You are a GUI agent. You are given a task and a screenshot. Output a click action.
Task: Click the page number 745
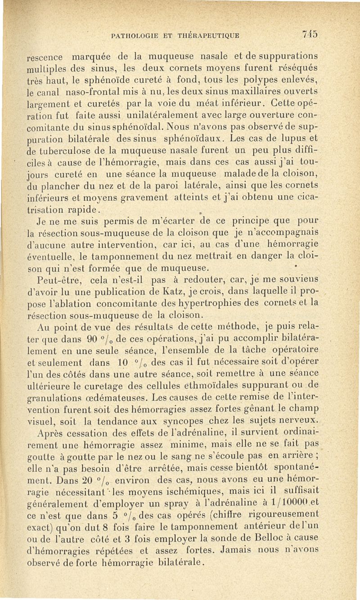tap(311, 35)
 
